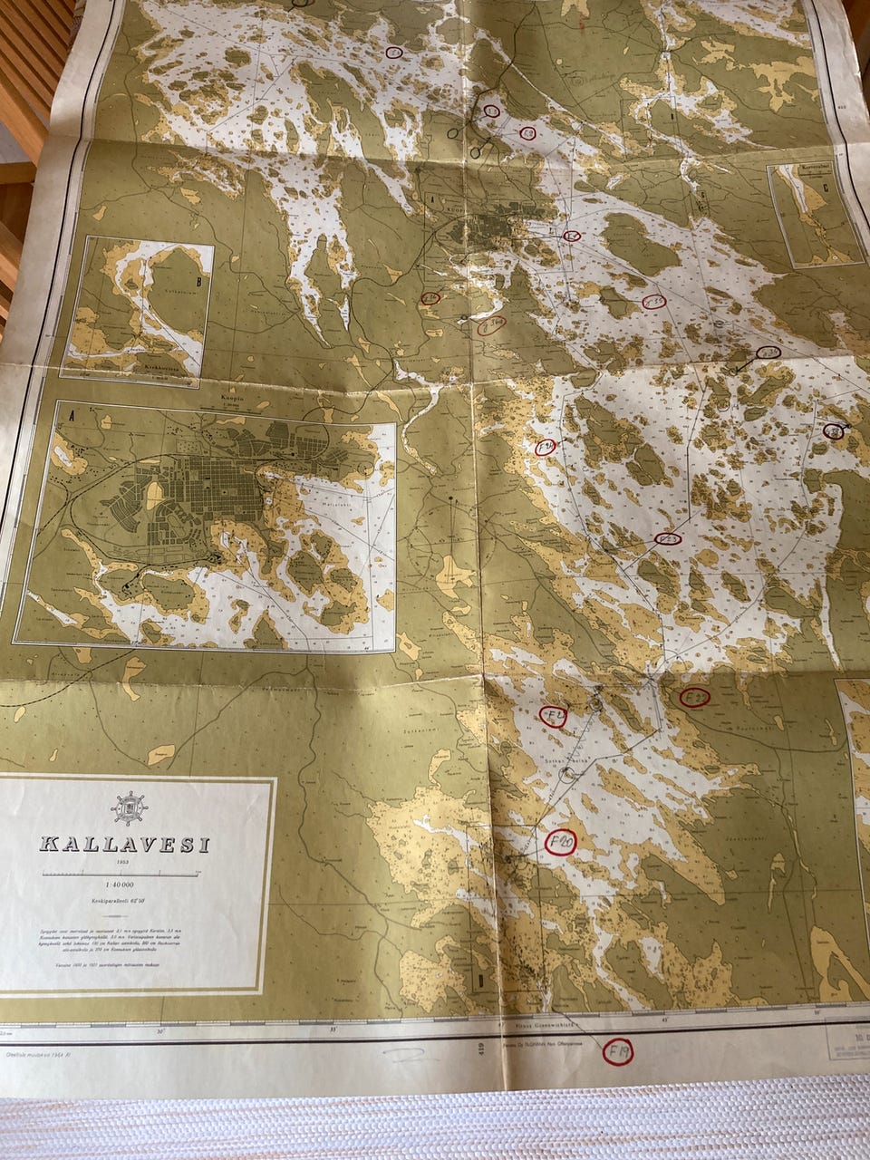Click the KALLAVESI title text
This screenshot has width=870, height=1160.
124,845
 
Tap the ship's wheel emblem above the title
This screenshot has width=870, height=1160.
129,807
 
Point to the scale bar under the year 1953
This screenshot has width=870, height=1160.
121,874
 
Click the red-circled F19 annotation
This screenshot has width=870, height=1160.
619,1051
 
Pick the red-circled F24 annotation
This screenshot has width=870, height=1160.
546,447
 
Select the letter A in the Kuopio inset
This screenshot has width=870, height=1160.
71,408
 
